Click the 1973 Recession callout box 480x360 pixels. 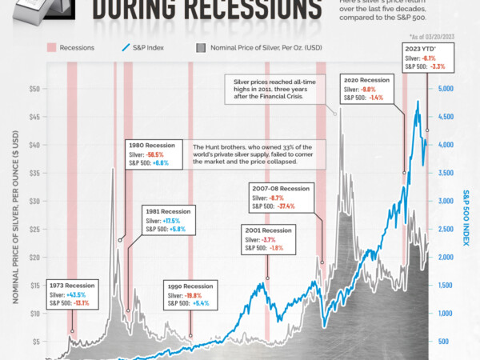71,293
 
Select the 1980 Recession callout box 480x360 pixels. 154,154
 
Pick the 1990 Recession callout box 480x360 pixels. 192,294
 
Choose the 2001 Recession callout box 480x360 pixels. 267,238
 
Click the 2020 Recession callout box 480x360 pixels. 363,90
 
